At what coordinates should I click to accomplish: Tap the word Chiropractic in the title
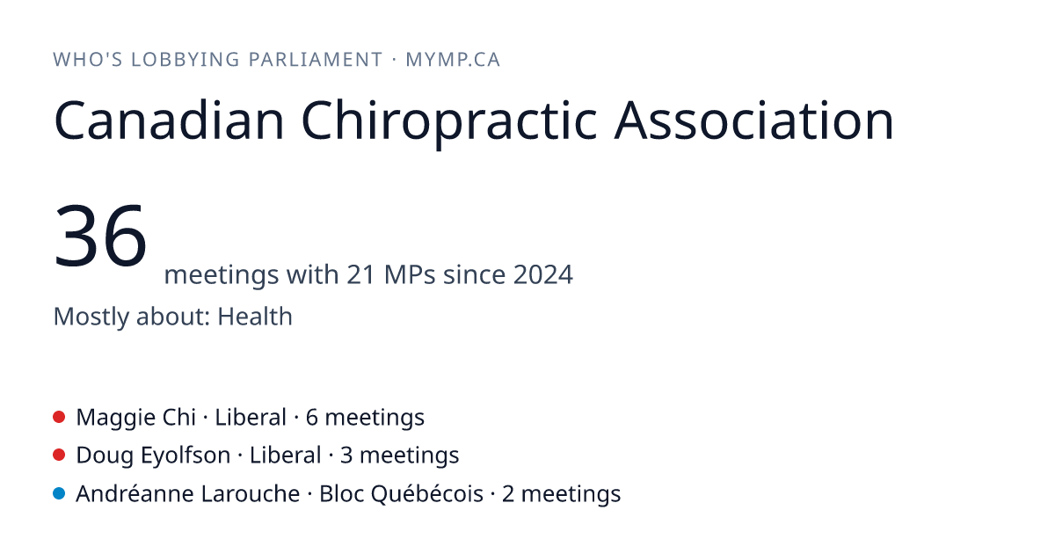pyautogui.click(x=449, y=120)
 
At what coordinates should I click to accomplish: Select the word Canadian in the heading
pyautogui.click(x=169, y=120)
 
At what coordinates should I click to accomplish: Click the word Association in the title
pyautogui.click(x=753, y=120)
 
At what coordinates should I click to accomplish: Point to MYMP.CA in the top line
pyautogui.click(x=453, y=60)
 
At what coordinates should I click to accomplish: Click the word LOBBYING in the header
pyautogui.click(x=186, y=60)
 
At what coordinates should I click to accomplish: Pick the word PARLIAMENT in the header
pyautogui.click(x=316, y=60)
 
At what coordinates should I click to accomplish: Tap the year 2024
pyautogui.click(x=543, y=274)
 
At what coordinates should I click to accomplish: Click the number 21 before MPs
pyautogui.click(x=360, y=274)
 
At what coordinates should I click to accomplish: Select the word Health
pyautogui.click(x=255, y=316)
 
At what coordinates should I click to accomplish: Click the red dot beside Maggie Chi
pyautogui.click(x=59, y=417)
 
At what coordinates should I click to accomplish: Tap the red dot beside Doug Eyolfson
pyautogui.click(x=59, y=456)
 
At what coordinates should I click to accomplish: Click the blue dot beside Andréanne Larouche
pyautogui.click(x=59, y=493)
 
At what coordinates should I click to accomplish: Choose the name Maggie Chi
pyautogui.click(x=135, y=418)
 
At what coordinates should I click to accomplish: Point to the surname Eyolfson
pyautogui.click(x=186, y=456)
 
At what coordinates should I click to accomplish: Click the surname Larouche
pyautogui.click(x=250, y=493)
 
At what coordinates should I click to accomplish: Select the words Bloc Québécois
pyautogui.click(x=401, y=493)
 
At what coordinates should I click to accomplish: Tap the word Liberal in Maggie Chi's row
pyautogui.click(x=251, y=418)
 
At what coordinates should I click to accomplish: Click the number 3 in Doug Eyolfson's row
pyautogui.click(x=346, y=456)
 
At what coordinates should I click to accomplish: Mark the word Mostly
pyautogui.click(x=91, y=317)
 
